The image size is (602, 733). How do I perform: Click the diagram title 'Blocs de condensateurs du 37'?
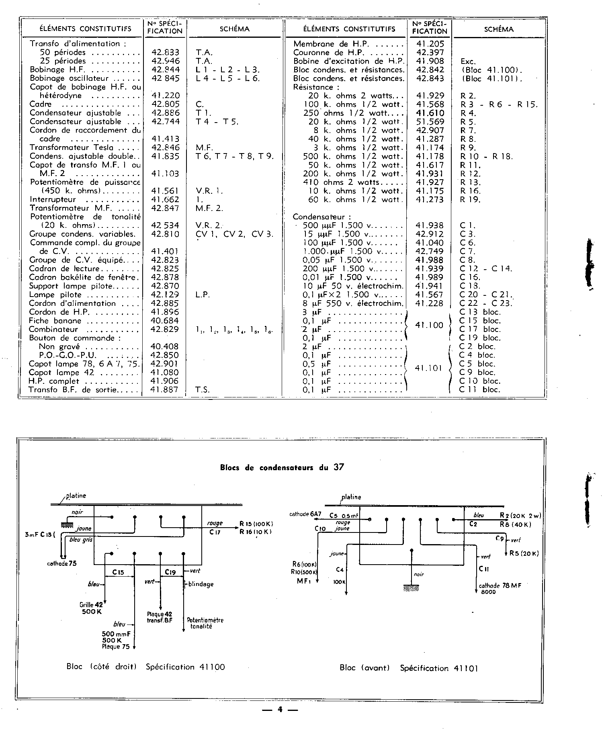282,467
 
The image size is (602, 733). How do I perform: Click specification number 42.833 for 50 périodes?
165,52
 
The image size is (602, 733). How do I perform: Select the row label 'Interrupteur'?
53,200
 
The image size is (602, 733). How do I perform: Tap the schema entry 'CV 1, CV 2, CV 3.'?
234,234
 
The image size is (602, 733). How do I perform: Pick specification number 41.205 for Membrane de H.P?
430,44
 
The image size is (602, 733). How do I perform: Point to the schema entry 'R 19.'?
470,200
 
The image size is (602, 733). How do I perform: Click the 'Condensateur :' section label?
319,217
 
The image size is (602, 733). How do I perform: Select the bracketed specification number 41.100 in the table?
429,325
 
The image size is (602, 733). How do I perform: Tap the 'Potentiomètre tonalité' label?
205,623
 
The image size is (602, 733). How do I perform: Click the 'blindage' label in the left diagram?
201,584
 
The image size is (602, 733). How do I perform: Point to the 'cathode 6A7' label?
305,514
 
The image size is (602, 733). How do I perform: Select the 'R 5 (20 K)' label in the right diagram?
524,553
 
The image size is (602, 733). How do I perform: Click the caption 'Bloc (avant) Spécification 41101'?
408,668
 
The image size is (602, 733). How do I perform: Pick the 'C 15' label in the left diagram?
119,572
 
